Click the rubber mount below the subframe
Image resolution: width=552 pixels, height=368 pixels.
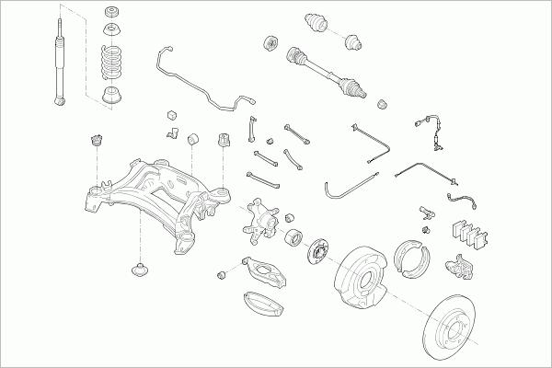[141, 271]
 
